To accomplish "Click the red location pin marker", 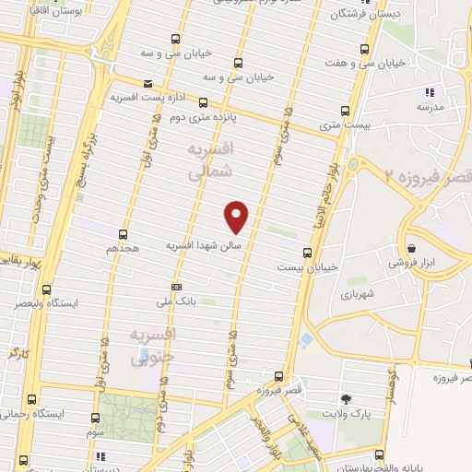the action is click(x=237, y=216).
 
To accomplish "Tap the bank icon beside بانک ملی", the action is click(x=176, y=286).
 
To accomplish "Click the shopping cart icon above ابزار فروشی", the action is click(x=410, y=248).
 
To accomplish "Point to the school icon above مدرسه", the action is click(x=429, y=92).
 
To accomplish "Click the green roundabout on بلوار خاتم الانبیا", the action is click(x=352, y=165).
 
